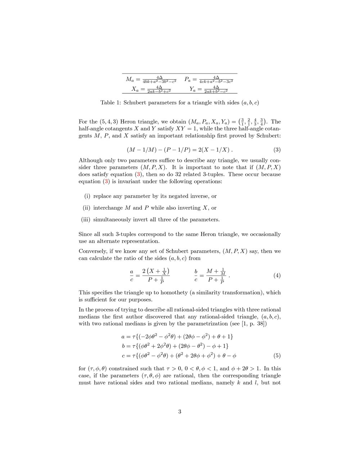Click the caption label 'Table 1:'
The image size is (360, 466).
(x=111, y=103)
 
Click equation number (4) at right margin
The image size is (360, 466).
(x=277, y=275)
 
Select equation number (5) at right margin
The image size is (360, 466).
(x=277, y=356)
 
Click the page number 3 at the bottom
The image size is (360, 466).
(x=180, y=412)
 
